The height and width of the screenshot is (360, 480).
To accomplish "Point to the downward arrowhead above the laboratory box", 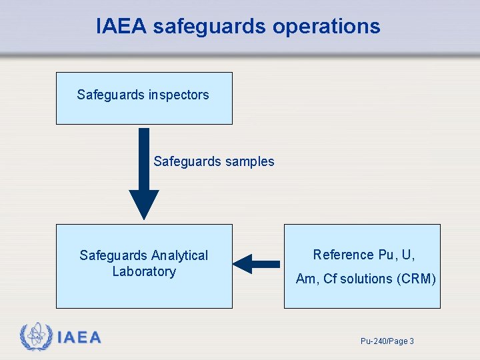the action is [x=144, y=204].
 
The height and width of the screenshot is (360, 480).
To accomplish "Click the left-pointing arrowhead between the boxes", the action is [x=243, y=264].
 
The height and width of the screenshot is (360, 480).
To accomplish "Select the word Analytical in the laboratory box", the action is [x=179, y=255].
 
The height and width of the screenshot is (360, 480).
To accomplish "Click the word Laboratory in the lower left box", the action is [x=144, y=271].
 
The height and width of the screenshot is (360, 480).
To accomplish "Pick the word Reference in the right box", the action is [x=343, y=255].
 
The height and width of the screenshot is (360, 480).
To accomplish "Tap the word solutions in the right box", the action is [x=366, y=279].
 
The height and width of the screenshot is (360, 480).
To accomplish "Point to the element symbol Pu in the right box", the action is [x=386, y=255].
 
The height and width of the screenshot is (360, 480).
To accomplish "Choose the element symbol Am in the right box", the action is [x=307, y=279].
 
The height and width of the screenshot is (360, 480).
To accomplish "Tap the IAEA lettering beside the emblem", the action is [x=79, y=338].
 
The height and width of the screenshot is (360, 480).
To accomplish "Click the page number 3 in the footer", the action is [x=411, y=341].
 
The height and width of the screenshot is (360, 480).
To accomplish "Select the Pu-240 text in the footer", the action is [x=372, y=341].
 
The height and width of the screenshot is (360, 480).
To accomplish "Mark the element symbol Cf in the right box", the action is [x=330, y=279].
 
